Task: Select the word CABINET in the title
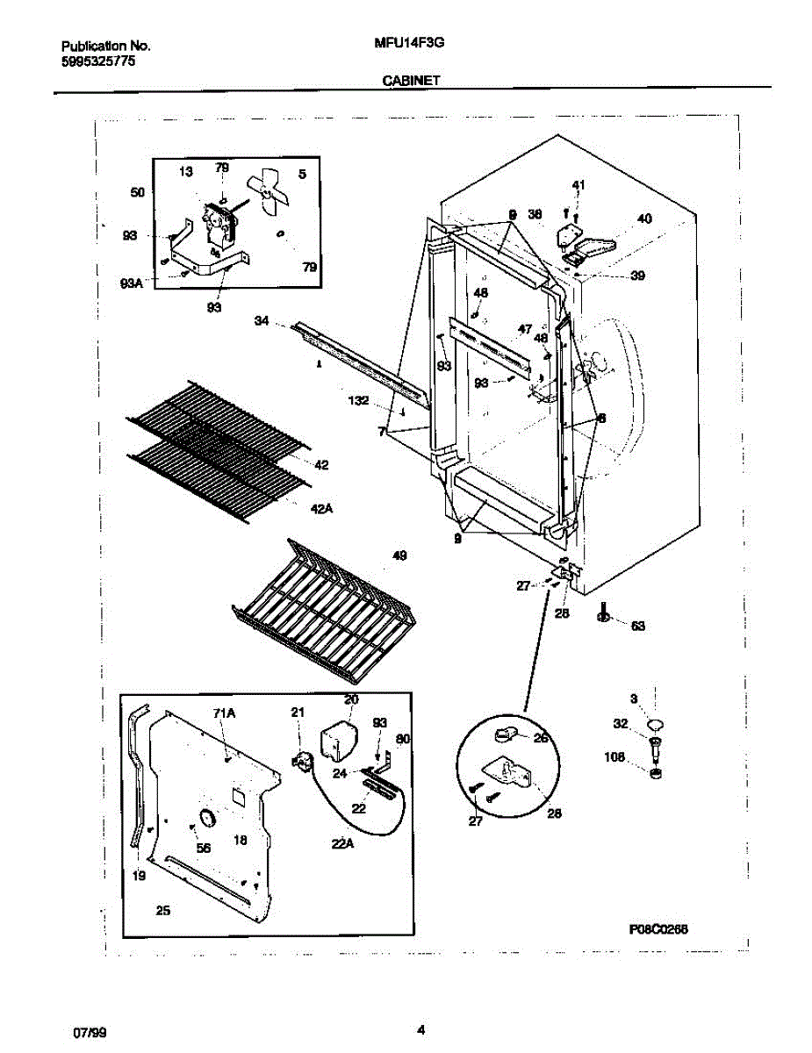[411, 80]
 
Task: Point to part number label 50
[137, 192]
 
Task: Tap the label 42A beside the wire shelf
[321, 508]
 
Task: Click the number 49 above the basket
[400, 555]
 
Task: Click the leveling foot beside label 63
[605, 616]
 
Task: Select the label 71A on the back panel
[226, 714]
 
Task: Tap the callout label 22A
[341, 843]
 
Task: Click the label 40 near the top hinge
[644, 219]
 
